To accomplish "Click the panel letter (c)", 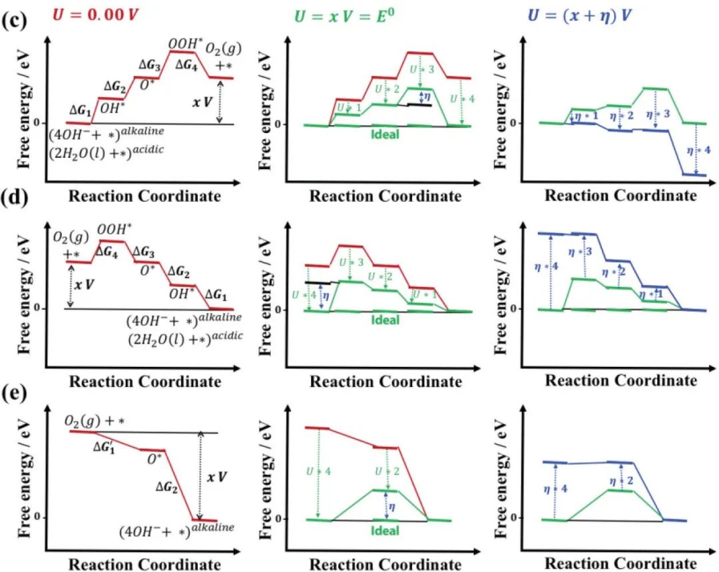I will tap(15, 19).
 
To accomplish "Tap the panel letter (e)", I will tap(15, 392).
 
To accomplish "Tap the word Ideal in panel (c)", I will tap(382, 135).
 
